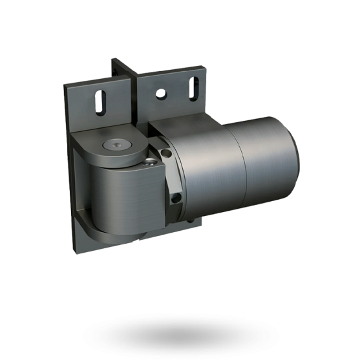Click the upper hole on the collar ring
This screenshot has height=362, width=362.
tap(166, 154)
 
